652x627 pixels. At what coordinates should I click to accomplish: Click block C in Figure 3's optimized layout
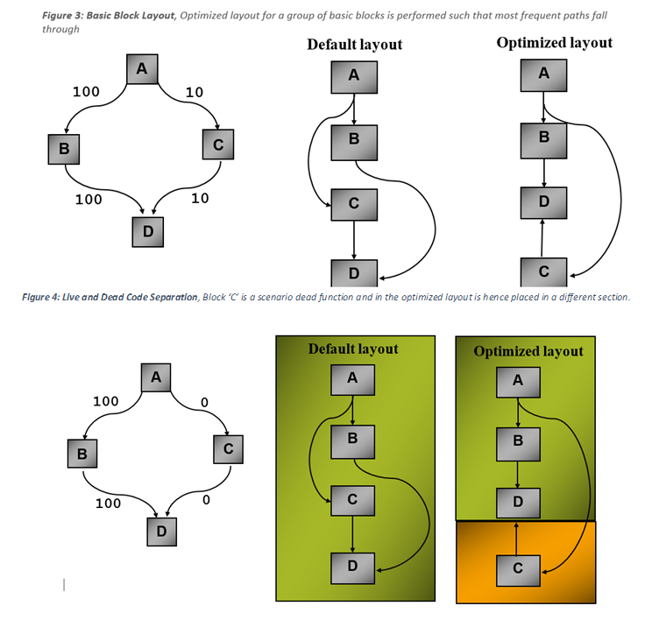tap(544, 271)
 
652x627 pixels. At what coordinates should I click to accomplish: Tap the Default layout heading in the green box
tap(353, 349)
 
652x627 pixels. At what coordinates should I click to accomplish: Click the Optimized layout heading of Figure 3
tap(554, 43)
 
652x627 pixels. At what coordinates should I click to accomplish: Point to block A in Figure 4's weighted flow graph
tap(155, 378)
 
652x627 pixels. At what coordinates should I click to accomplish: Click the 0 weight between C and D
tap(206, 501)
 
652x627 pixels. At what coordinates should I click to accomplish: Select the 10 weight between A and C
tap(195, 92)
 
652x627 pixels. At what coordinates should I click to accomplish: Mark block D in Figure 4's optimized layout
tap(518, 502)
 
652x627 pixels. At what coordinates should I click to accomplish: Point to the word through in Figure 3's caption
tap(61, 29)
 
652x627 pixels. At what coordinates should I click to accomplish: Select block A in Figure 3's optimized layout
tap(544, 74)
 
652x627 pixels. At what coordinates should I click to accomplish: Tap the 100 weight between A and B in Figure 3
tap(85, 91)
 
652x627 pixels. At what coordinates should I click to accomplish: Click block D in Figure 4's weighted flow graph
tap(160, 531)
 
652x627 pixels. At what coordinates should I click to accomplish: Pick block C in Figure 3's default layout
tap(353, 203)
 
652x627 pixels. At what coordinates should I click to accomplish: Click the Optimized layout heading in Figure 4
tap(528, 351)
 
